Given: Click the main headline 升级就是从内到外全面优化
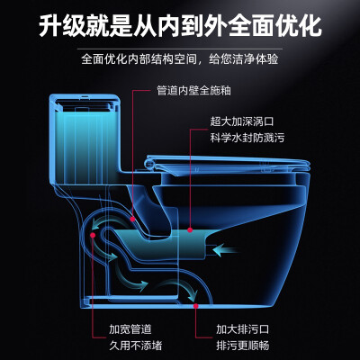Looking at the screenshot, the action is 180,26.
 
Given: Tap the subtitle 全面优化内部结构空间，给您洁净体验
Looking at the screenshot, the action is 180,58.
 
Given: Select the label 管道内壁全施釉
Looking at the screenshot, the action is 194,90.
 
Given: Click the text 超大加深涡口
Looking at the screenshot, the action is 242,121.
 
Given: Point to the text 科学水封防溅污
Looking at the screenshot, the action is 247,138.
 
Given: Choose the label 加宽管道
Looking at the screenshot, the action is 130,329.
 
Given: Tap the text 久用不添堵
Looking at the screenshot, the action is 136,346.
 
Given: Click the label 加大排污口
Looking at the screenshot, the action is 243,329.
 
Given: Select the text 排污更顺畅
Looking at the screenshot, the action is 243,346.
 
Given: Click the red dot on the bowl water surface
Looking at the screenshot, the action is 190,230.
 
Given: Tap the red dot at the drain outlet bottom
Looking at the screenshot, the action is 195,306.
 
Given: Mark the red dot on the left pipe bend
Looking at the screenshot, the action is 93,235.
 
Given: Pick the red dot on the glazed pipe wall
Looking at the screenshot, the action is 132,219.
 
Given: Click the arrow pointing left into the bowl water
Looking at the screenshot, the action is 227,249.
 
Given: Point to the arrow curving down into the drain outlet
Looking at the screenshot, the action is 183,289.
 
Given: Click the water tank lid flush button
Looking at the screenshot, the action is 85,97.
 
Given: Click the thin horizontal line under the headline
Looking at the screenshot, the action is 180,49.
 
